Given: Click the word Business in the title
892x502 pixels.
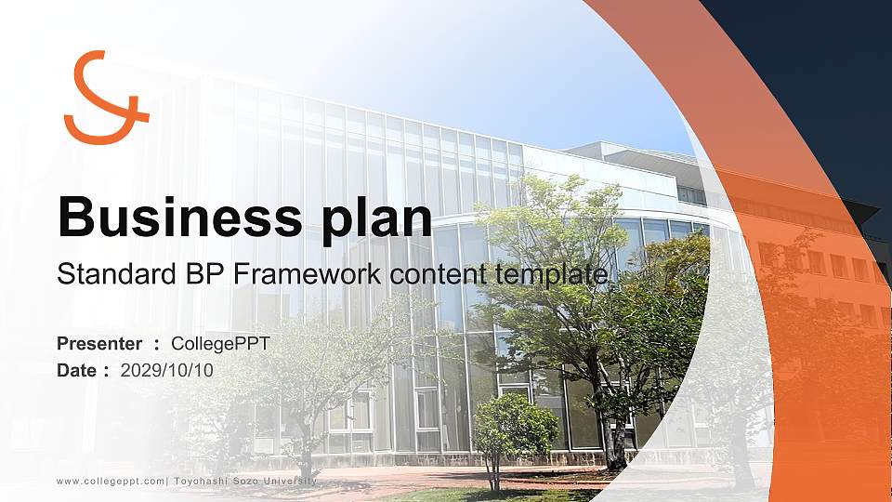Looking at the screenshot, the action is pyautogui.click(x=179, y=217).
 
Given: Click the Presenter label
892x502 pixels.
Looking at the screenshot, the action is pyautogui.click(x=99, y=343).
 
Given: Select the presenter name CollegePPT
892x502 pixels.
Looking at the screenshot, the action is pyautogui.click(x=220, y=344).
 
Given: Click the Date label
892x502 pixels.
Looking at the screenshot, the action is pyautogui.click(x=77, y=371).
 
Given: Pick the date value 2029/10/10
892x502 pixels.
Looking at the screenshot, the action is pyautogui.click(x=166, y=371).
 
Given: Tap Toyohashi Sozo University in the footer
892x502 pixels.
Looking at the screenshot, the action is pyautogui.click(x=245, y=481).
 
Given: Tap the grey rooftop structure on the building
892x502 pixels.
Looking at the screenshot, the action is pyautogui.click(x=625, y=155).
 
